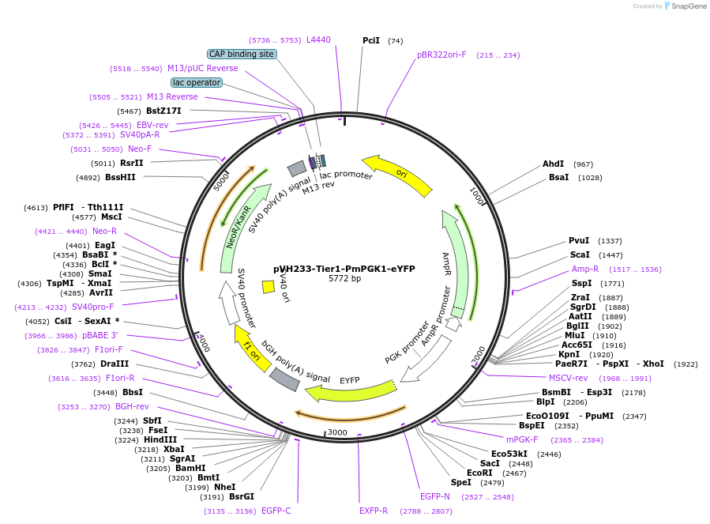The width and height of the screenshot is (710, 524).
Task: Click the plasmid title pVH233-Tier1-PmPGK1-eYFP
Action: coord(344,269)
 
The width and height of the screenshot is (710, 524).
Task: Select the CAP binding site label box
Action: coord(242,54)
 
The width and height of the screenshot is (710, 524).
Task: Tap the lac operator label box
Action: coord(197,82)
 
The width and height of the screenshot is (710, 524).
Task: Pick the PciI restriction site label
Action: coord(371,40)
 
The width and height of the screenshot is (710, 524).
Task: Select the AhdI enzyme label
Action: coord(553,164)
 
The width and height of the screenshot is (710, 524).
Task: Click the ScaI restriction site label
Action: coord(580,254)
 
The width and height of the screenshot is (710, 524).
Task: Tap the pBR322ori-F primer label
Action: coord(441,55)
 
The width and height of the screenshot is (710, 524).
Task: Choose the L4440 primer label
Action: coord(318,40)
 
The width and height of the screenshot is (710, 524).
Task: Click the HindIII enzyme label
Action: coord(160,439)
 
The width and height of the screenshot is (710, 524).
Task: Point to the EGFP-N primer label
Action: coord(435,496)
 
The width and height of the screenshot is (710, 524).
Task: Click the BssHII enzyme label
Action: coord(121,177)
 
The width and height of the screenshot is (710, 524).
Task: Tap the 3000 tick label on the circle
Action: coord(337,432)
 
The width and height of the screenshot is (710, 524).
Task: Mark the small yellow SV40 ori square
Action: coord(269,287)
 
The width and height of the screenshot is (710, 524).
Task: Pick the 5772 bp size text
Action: coord(344,279)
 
